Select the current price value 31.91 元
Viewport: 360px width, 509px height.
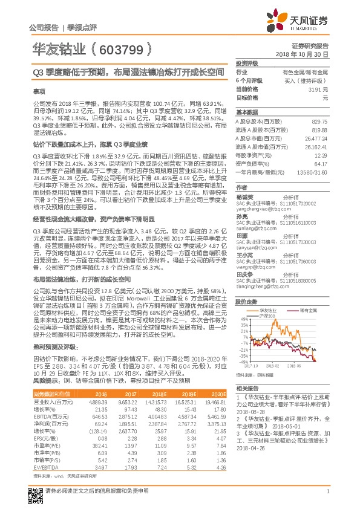coord(319,89)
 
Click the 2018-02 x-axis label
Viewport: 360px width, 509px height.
coord(273,366)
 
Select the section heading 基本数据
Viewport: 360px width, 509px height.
coord(246,112)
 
